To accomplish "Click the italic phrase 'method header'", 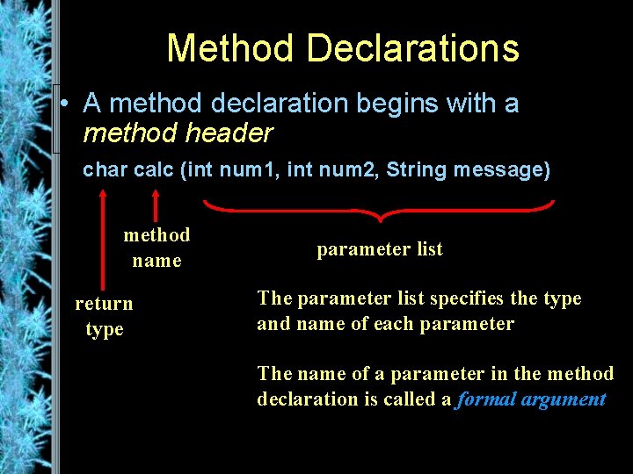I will coord(178,133).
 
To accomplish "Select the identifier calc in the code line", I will coord(153,169).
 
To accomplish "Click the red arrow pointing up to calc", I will coord(155,202).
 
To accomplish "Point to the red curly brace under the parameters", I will coord(379,209).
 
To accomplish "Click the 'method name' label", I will coord(156,248).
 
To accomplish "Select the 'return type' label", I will coord(104,316).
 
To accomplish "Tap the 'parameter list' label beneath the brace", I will coord(380,249).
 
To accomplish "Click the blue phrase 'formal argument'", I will coord(531,399).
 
